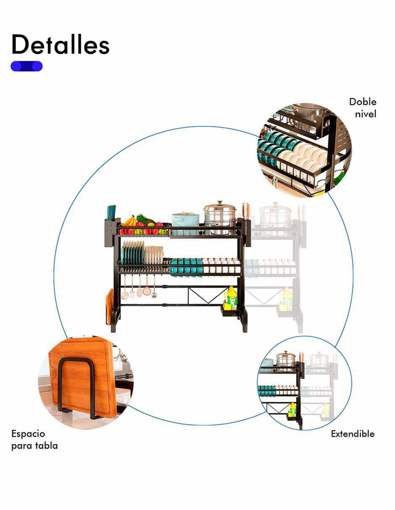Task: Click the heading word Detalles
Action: (61, 44)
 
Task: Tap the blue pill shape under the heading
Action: (26, 66)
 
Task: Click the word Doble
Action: (363, 102)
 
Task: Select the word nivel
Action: (366, 114)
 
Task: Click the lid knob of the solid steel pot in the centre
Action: (220, 203)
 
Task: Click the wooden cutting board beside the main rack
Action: (109, 306)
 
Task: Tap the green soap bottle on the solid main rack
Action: (232, 298)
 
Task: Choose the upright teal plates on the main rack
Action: (133, 252)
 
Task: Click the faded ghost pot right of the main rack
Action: (276, 218)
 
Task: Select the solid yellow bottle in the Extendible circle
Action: (292, 410)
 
